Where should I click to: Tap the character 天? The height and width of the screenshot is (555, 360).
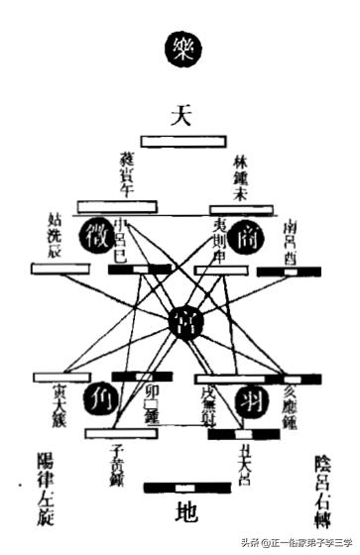[x=180, y=116]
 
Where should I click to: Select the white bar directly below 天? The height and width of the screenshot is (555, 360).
[x=180, y=142]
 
